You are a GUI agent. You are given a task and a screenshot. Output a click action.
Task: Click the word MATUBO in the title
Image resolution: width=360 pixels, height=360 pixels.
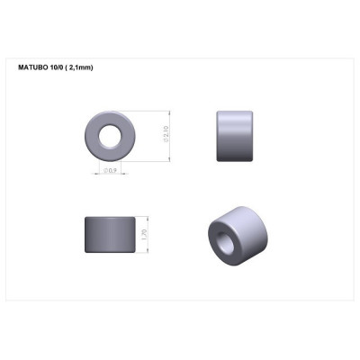[x=31, y=67]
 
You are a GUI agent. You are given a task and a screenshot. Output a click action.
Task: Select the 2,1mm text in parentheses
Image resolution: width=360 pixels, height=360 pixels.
[x=79, y=67]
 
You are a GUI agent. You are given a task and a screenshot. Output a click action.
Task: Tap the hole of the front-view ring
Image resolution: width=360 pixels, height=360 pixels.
[x=112, y=137]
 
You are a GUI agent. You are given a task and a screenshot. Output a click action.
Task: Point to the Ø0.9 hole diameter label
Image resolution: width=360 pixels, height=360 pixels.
[x=112, y=170]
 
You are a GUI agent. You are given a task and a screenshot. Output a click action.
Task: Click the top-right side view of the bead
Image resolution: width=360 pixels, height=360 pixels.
[x=235, y=136]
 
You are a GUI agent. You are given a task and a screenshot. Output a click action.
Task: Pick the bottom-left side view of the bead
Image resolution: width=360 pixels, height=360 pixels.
[x=111, y=236]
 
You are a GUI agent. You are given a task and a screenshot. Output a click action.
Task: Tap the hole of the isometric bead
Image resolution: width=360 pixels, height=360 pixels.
[x=222, y=242]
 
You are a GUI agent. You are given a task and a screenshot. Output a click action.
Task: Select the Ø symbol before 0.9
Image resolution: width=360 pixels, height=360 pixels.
[x=106, y=170]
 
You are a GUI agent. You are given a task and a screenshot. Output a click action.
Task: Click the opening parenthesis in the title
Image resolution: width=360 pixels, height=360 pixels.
[x=67, y=67]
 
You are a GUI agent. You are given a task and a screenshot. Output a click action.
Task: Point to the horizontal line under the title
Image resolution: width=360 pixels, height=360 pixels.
[x=180, y=74]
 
